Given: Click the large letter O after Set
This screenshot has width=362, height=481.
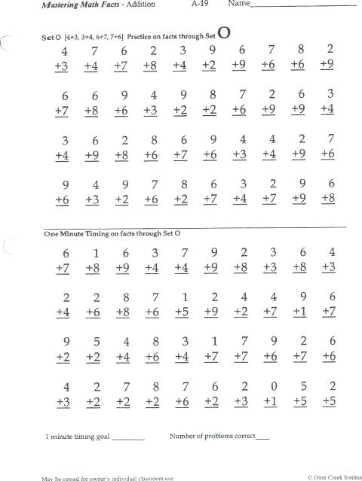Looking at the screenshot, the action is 224,33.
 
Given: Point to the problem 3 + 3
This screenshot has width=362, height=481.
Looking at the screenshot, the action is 271,260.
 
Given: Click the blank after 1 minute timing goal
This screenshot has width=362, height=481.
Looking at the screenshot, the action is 127,437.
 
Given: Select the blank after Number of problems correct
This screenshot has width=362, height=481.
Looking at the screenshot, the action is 262,437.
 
